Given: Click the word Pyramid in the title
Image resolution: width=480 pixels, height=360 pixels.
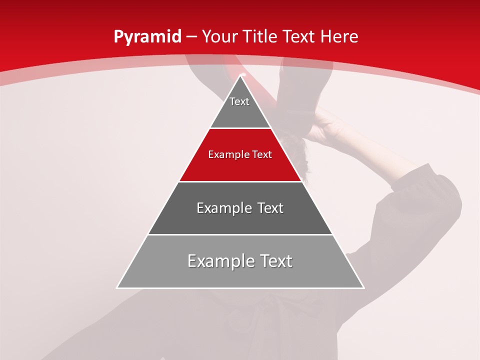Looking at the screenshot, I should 147,37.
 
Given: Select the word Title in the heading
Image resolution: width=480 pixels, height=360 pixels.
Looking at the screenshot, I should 260,37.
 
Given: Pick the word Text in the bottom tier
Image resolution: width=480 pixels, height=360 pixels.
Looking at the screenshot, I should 274,261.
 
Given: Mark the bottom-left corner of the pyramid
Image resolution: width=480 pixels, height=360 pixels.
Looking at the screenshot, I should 118,287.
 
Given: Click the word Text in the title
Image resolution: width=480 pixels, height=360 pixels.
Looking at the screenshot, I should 299,37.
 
